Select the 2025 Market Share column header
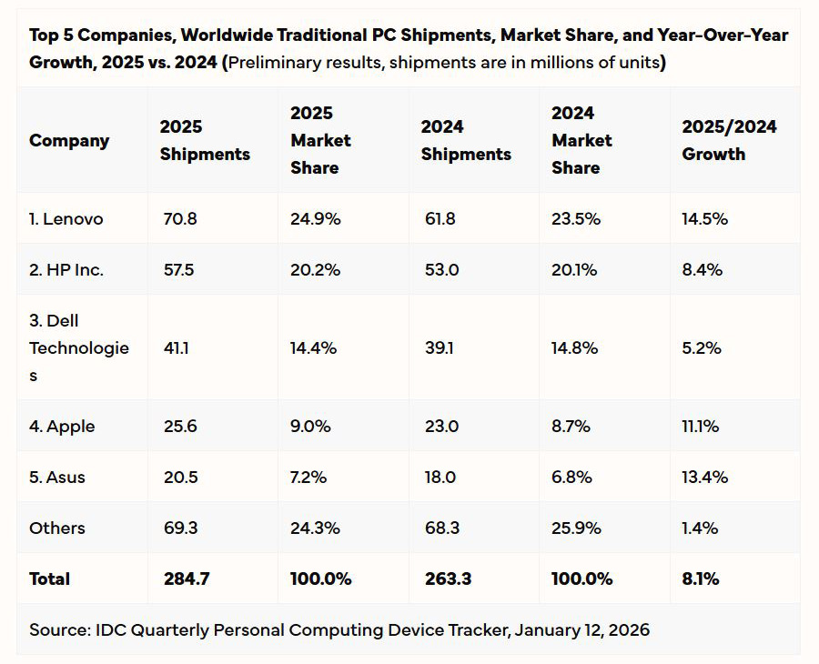pyautogui.click(x=320, y=140)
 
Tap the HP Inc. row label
pyautogui.click(x=66, y=270)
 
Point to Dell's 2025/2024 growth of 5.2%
pyautogui.click(x=702, y=348)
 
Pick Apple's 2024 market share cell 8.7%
pyautogui.click(x=571, y=427)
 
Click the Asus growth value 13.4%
pyautogui.click(x=704, y=478)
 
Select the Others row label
pyautogui.click(x=57, y=528)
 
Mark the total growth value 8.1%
pyautogui.click(x=701, y=579)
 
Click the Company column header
pyautogui.click(x=69, y=141)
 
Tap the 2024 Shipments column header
pyautogui.click(x=465, y=141)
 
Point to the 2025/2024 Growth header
pyautogui.click(x=729, y=141)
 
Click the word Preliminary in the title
pyautogui.click(x=274, y=63)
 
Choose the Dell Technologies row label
pyautogui.click(x=79, y=348)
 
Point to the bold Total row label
pyautogui.click(x=49, y=579)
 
